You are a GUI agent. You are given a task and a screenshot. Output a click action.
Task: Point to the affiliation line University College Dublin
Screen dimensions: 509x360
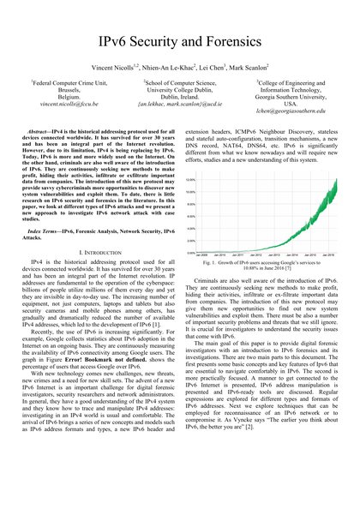click(180, 93)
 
